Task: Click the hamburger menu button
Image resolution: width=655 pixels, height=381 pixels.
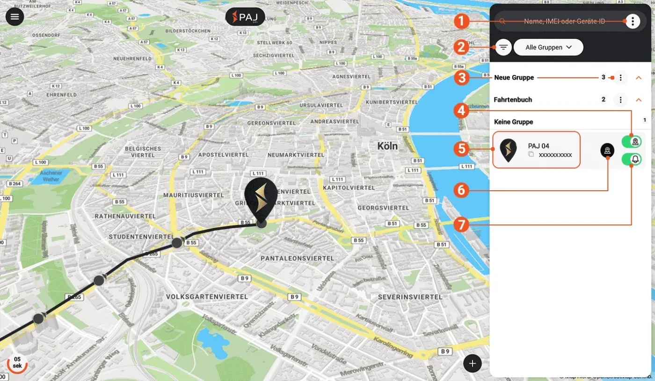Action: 15,17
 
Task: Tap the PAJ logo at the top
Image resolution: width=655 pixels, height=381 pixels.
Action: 245,17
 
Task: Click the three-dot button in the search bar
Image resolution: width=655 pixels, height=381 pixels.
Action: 633,21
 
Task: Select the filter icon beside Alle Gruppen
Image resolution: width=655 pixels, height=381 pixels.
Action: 503,47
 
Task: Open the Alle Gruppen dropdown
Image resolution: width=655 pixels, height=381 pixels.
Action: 548,47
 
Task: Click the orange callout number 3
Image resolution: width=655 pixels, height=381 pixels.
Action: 462,77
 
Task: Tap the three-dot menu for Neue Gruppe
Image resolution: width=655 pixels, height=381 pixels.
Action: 620,77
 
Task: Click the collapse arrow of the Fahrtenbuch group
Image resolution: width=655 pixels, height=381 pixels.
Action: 639,100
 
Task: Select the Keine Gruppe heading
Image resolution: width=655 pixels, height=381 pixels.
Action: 513,122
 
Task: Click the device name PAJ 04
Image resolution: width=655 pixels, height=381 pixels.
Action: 539,146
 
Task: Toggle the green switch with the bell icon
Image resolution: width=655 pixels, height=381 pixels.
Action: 631,160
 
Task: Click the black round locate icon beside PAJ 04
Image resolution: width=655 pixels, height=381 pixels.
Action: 607,150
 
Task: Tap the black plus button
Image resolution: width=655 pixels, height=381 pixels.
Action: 473,363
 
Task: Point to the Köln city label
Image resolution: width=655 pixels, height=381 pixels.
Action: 387,146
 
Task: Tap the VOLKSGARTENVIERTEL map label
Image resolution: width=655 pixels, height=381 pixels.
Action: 207,297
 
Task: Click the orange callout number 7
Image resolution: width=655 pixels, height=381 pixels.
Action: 462,225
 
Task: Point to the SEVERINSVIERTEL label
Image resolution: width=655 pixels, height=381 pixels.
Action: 410,297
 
